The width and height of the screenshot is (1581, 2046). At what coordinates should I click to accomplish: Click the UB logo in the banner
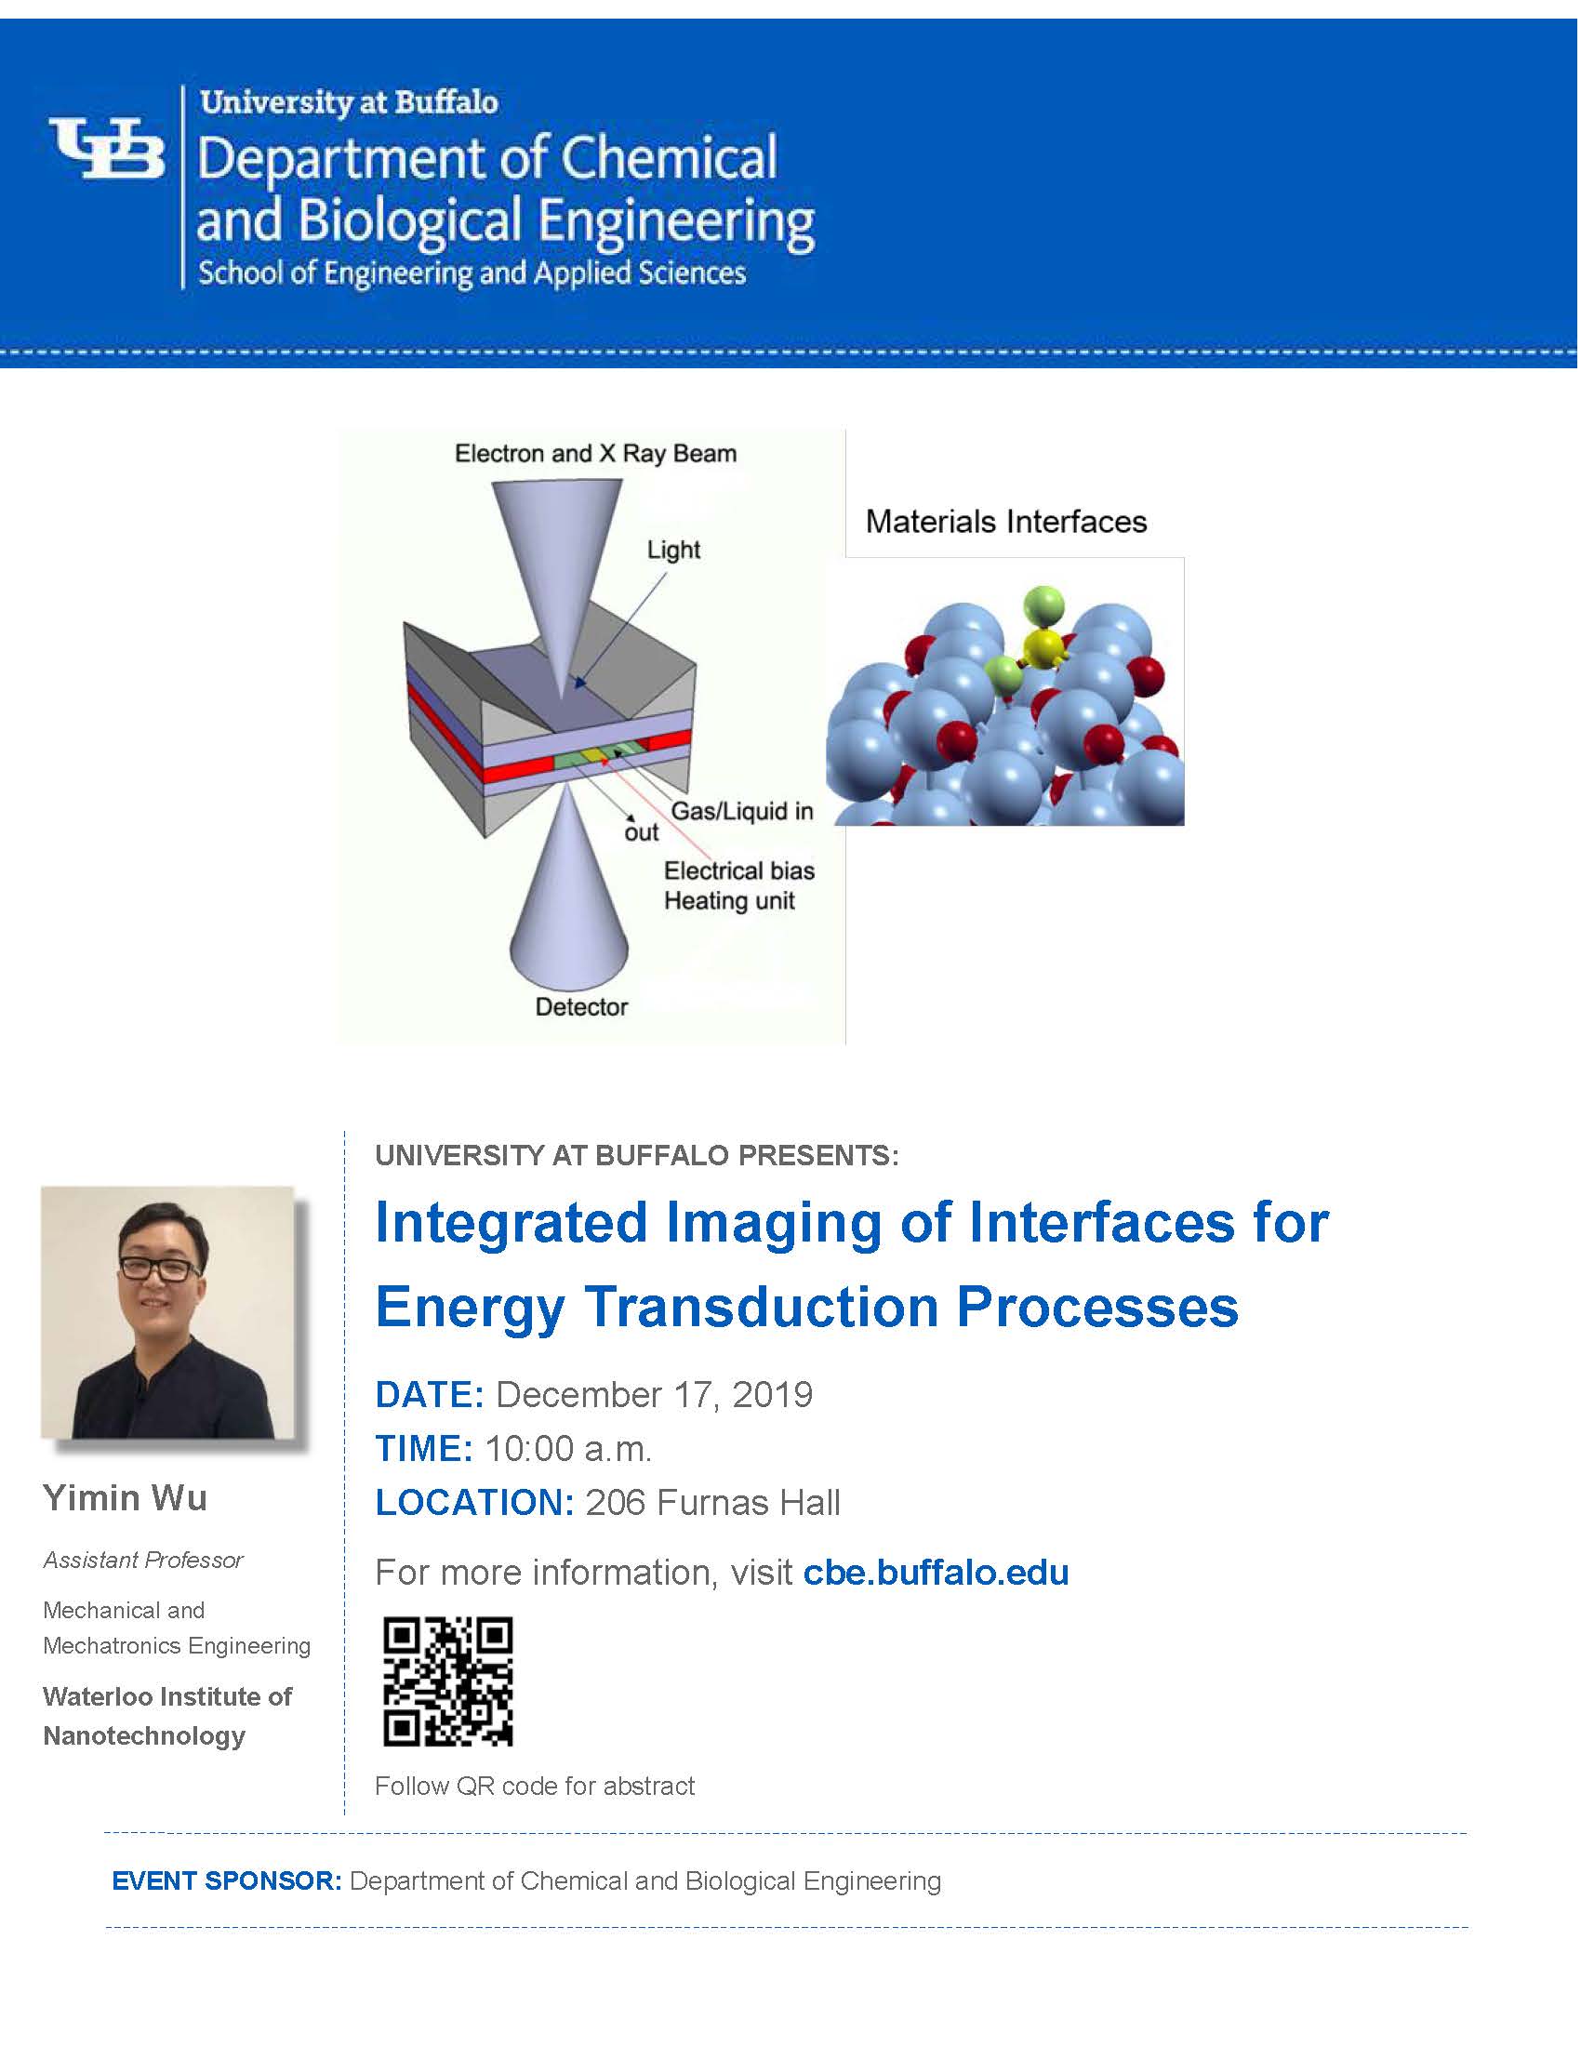tap(107, 147)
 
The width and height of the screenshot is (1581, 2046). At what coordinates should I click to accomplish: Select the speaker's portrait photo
tap(167, 1312)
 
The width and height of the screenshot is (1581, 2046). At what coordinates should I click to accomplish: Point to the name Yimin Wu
tap(125, 1497)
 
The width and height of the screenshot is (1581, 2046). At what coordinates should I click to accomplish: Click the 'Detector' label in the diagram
tap(580, 1007)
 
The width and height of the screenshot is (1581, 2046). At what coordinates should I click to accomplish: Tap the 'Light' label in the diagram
tap(673, 550)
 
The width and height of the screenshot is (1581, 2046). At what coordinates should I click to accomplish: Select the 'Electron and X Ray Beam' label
tap(596, 454)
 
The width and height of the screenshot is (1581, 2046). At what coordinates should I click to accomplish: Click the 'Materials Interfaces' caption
tap(1006, 522)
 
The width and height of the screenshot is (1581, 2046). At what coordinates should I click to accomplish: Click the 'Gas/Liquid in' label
tap(742, 811)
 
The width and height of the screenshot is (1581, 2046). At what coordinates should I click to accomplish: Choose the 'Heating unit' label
tap(729, 900)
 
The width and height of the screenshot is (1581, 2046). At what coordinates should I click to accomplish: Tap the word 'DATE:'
tap(429, 1395)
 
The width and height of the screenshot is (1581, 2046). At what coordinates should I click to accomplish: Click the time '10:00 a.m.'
tap(567, 1448)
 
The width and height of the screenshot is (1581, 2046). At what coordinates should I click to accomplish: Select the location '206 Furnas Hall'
tap(712, 1503)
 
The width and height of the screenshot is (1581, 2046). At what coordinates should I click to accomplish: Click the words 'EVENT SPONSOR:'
tap(227, 1880)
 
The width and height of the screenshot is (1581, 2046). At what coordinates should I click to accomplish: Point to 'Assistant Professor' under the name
tap(142, 1560)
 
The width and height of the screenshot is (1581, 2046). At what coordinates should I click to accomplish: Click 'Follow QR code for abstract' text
tap(535, 1786)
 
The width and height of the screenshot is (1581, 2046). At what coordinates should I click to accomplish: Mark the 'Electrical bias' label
tap(739, 870)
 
